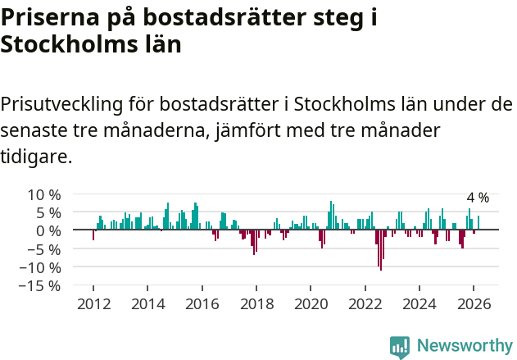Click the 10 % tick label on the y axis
point(43,194)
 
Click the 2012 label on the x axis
point(93,303)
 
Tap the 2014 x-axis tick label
point(147,303)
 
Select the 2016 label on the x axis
point(202,303)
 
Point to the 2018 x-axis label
point(256,303)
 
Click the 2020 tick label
point(311,303)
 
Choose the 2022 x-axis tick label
point(365,303)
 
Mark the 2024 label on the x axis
point(419,303)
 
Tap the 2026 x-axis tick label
point(474,303)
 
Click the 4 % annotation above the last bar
point(478,198)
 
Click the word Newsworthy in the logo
point(465,346)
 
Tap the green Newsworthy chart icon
point(400,347)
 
